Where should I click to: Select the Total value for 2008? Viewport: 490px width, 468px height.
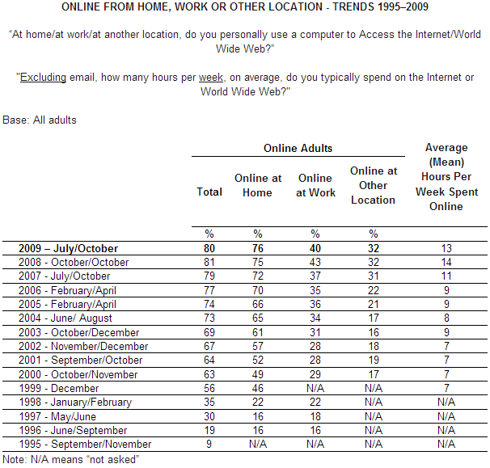tap(209, 262)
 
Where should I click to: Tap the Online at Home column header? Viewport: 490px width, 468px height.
tap(258, 185)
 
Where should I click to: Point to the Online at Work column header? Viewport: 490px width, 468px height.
tap(315, 185)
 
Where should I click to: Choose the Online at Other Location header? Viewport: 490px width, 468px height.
tap(373, 185)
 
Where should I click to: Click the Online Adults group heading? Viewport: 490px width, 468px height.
tap(298, 149)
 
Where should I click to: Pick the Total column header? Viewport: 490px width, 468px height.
tap(209, 192)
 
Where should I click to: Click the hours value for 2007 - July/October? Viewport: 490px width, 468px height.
tap(446, 276)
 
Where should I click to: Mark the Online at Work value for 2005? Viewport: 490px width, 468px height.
tap(315, 304)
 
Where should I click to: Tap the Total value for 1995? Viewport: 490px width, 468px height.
tap(209, 444)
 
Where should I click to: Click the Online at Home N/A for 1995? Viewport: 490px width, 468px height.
tap(258, 444)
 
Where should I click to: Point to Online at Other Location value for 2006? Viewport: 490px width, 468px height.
tap(373, 290)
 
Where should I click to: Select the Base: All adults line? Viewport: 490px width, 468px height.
tap(40, 120)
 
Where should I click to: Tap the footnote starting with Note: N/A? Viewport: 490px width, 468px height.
tap(72, 459)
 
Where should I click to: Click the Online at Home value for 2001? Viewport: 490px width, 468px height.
tap(258, 360)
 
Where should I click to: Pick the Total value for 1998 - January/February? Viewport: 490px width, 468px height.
tap(209, 402)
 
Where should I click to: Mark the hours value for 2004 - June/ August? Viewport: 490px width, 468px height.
tap(446, 318)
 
